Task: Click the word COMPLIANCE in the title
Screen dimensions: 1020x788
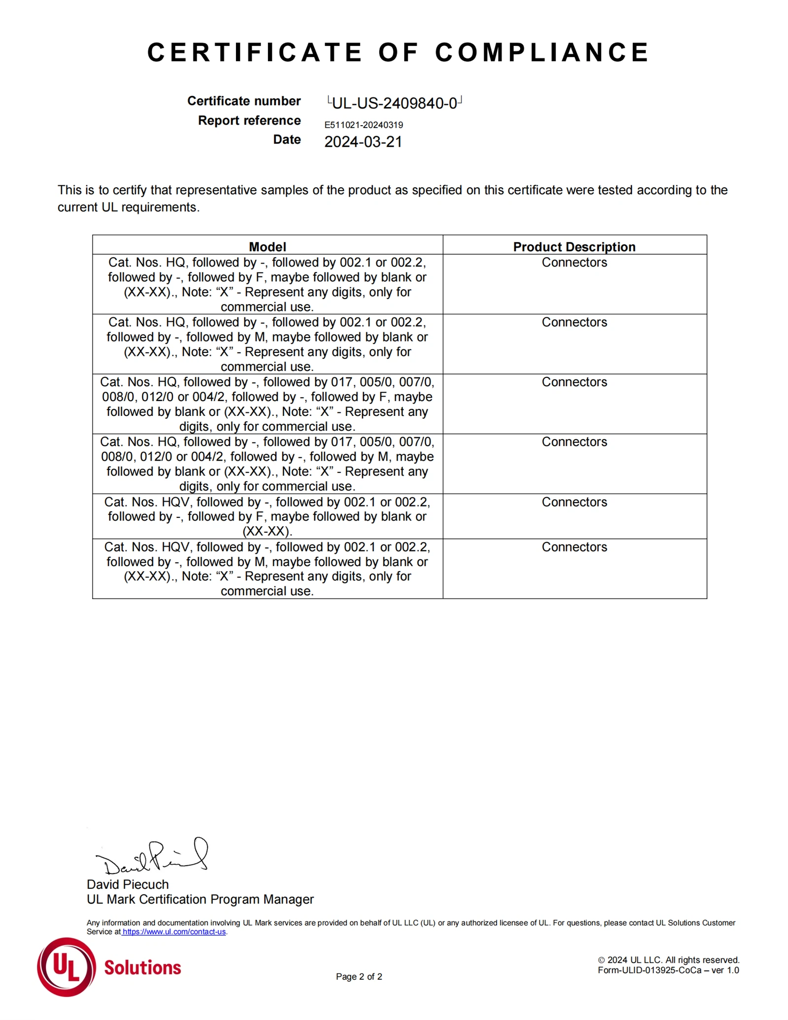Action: [542, 52]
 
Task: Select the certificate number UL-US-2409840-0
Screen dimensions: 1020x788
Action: [394, 103]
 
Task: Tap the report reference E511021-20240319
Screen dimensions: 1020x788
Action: [363, 125]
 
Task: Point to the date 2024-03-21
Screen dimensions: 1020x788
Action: [363, 142]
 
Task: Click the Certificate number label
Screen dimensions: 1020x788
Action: [244, 101]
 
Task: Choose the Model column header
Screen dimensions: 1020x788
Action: [267, 246]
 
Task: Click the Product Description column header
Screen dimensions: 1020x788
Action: [574, 246]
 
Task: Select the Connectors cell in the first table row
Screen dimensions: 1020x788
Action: [574, 262]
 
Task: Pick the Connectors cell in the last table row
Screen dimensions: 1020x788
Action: [574, 547]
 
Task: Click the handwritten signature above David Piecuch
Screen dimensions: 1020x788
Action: [153, 857]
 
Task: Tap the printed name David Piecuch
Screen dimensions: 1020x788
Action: [128, 884]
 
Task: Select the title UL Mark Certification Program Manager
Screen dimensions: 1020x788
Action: [200, 899]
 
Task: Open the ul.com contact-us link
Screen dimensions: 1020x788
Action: [174, 932]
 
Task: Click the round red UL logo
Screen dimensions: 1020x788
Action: [66, 967]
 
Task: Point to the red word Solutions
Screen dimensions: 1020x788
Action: [142, 967]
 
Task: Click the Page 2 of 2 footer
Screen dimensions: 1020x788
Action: [359, 977]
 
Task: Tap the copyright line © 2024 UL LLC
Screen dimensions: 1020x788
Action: [668, 960]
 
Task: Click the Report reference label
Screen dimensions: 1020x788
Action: [249, 121]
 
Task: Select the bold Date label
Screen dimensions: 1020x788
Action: [287, 139]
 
